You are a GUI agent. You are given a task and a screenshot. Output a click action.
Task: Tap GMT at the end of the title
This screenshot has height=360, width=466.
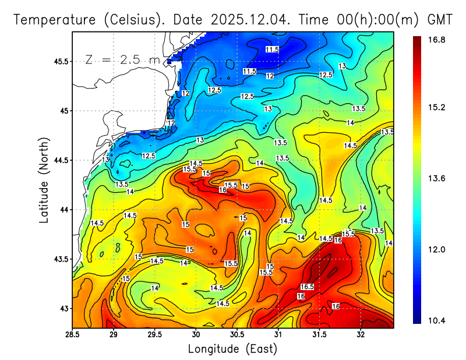tap(440, 20)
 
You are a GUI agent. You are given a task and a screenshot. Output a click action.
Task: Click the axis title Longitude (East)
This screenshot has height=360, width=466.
tap(232, 349)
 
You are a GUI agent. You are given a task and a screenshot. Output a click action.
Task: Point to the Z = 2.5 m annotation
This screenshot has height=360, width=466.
tap(126, 59)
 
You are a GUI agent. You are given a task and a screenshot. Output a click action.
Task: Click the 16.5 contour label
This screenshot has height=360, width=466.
tap(307, 287)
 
